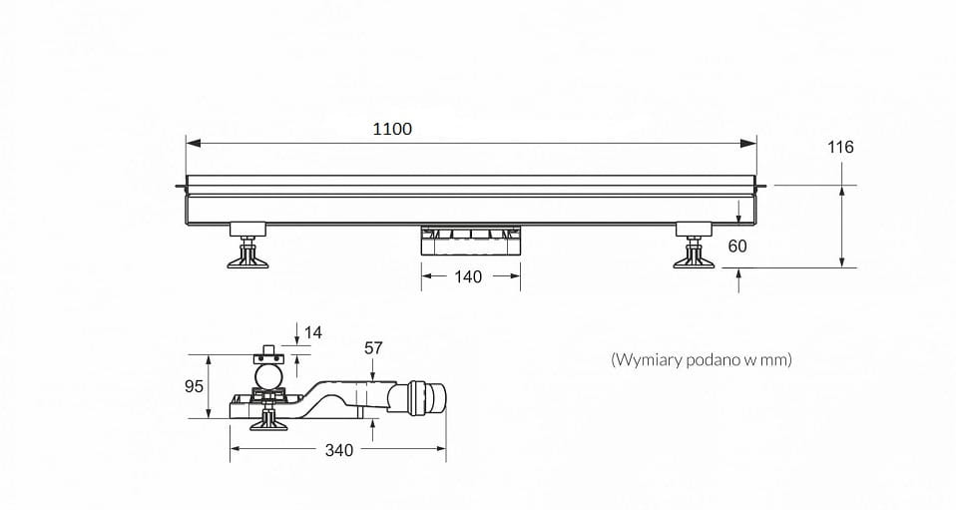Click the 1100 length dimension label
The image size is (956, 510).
pos(392,129)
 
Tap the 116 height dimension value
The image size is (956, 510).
pos(840,147)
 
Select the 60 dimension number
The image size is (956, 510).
pos(737,246)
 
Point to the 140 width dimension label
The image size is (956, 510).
pos(468,276)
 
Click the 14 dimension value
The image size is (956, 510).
pos(313,332)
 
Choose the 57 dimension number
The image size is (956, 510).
pos(373,348)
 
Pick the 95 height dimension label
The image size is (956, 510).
pos(194,386)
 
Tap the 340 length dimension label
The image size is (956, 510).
pos(339,450)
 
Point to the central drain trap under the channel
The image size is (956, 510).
pos(469,240)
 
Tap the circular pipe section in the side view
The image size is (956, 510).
pos(267,376)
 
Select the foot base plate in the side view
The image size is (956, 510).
pos(267,425)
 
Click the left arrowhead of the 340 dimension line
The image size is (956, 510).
pos(236,449)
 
